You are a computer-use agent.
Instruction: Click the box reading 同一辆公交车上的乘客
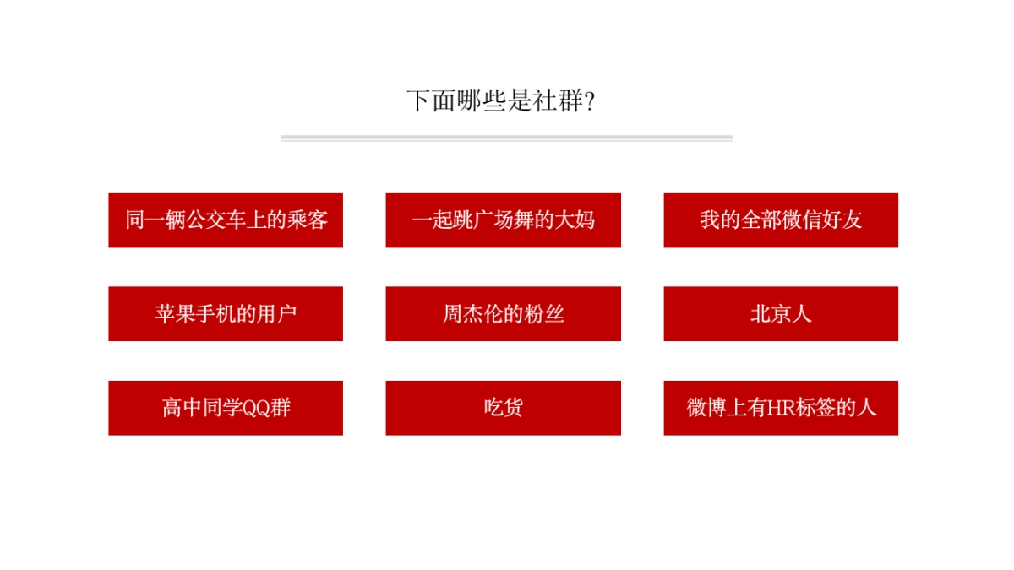226,220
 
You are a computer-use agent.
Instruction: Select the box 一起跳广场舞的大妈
503,220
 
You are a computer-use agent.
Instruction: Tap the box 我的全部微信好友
781,220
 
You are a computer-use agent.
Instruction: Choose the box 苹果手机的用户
226,314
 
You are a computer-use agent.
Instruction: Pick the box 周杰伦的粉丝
503,314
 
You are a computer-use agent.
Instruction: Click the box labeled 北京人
781,314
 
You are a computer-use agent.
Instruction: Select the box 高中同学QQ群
226,408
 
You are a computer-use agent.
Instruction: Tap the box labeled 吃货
503,408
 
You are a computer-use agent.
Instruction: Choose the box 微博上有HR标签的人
781,408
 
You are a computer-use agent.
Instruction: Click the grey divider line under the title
507,138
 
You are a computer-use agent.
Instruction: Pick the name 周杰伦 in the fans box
472,314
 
